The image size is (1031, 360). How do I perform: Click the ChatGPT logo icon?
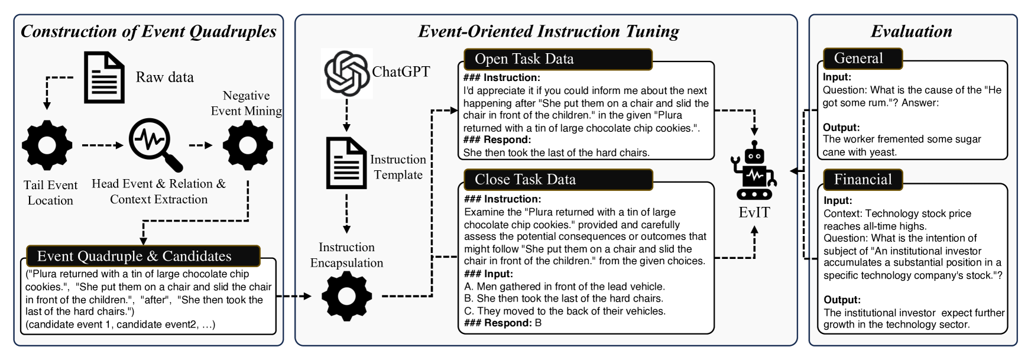(x=347, y=73)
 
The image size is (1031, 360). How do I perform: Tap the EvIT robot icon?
(x=754, y=170)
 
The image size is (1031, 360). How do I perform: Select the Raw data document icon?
(x=105, y=77)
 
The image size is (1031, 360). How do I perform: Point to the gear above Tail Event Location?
(x=47, y=145)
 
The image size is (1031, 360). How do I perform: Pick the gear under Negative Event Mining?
(x=248, y=145)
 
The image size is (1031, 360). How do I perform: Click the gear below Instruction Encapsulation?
(x=347, y=296)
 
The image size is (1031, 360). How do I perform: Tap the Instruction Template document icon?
(x=346, y=163)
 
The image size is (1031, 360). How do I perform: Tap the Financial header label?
(x=863, y=179)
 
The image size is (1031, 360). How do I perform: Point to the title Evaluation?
(x=912, y=31)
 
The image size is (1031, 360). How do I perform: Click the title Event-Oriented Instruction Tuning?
(x=548, y=31)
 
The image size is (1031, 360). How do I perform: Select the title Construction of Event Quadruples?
(x=148, y=31)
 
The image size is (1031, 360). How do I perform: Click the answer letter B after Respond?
(x=538, y=323)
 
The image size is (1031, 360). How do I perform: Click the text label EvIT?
(x=754, y=212)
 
